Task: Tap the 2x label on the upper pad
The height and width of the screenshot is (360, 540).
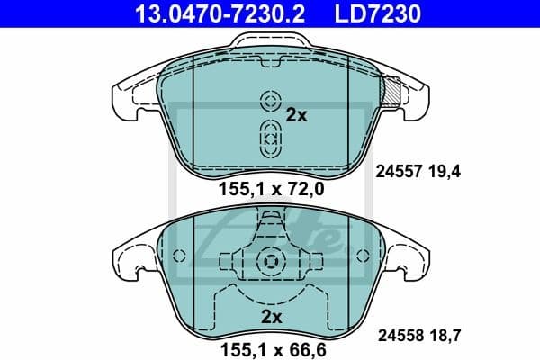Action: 296,115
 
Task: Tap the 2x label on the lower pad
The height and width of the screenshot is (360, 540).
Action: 271,317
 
